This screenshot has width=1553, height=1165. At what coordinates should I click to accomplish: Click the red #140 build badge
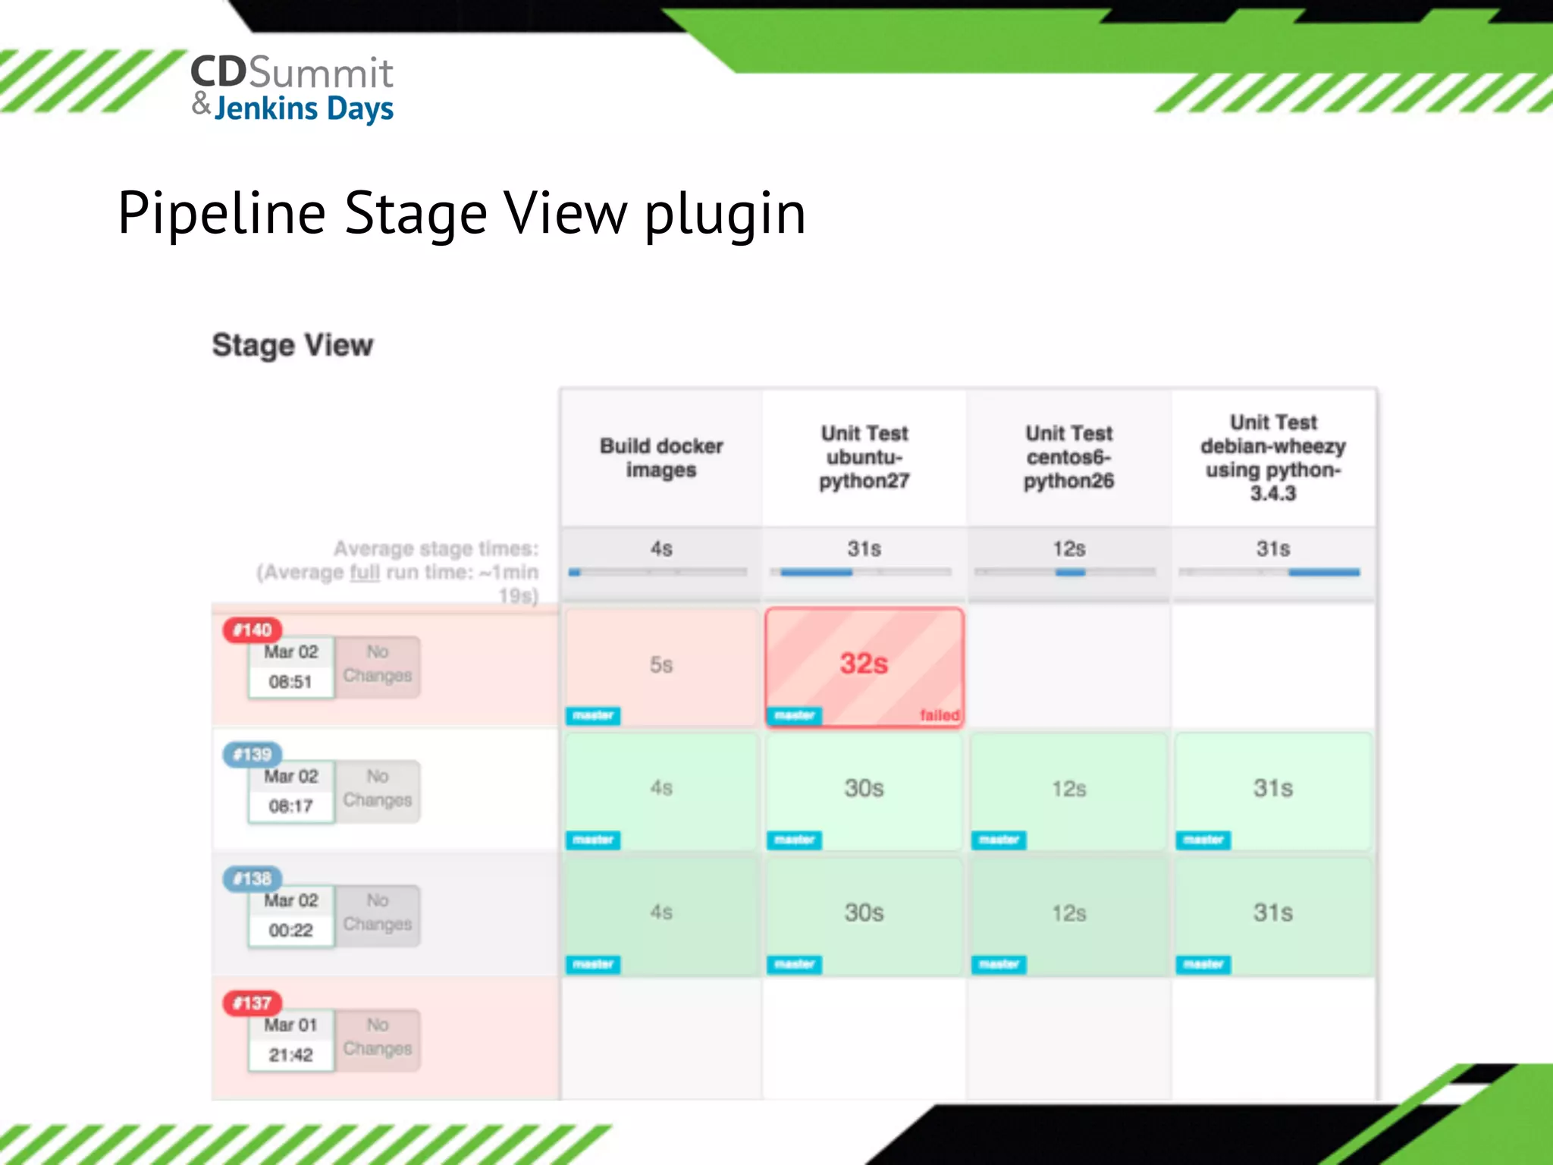[x=253, y=630]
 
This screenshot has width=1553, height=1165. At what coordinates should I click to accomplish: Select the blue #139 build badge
[x=253, y=754]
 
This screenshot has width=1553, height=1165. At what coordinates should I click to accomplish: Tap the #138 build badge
[x=253, y=878]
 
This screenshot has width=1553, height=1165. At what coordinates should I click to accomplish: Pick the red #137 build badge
[x=253, y=1003]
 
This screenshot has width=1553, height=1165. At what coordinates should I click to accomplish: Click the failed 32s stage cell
[x=864, y=664]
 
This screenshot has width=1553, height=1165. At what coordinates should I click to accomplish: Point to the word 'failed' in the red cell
[x=940, y=714]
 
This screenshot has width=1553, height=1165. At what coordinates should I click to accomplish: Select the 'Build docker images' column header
[x=661, y=457]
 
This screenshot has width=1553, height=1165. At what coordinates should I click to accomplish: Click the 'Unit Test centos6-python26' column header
[x=1068, y=457]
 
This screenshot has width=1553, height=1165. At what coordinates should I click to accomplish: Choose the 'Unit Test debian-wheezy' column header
[x=1273, y=457]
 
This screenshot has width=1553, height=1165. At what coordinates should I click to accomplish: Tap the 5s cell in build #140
[x=661, y=665]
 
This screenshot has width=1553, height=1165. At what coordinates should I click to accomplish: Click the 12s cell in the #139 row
[x=1068, y=789]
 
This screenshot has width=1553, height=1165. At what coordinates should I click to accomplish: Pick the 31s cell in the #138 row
[x=1272, y=912]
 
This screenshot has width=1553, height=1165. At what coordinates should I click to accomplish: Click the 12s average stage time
[x=1068, y=548]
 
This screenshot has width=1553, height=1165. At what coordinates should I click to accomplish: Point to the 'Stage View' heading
[x=293, y=345]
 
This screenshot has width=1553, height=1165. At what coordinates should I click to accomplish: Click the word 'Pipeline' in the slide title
[x=221, y=213]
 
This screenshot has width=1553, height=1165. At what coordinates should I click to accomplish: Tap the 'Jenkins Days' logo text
[x=303, y=108]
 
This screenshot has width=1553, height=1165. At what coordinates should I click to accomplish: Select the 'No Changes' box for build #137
[x=378, y=1037]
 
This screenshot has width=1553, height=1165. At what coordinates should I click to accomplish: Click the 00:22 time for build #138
[x=290, y=930]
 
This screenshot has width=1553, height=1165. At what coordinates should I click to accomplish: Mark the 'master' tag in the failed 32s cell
[x=794, y=714]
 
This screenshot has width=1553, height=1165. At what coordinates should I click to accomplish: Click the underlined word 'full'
[x=364, y=572]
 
